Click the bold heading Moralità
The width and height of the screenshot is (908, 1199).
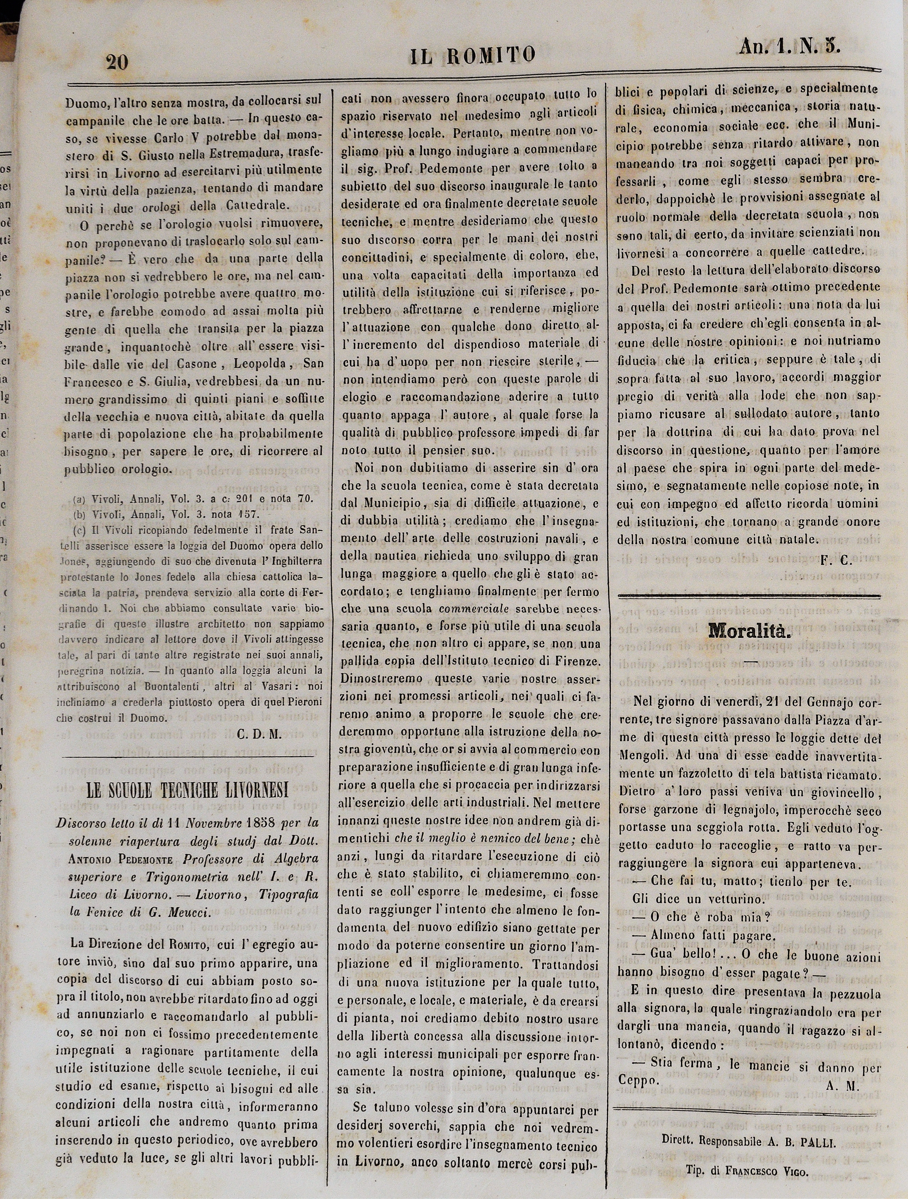[750, 631]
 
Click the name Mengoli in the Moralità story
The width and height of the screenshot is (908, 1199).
[642, 756]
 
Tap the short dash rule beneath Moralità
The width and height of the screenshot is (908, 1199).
[750, 661]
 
